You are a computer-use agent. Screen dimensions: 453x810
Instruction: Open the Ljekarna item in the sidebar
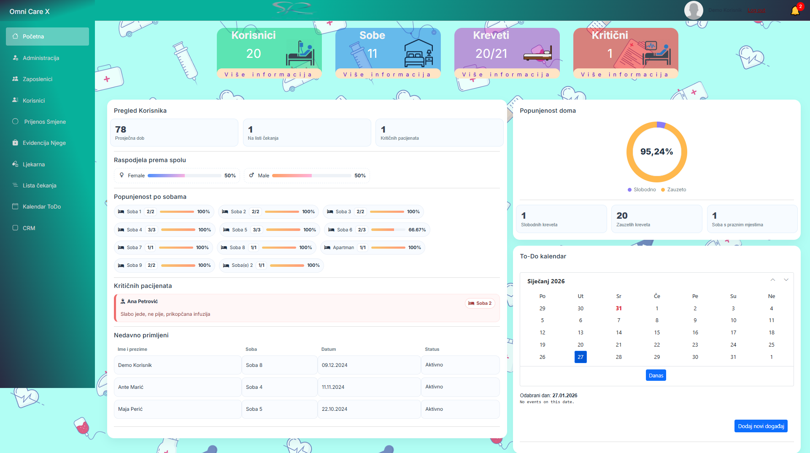(x=34, y=164)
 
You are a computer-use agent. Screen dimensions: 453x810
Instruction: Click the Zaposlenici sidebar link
(x=38, y=79)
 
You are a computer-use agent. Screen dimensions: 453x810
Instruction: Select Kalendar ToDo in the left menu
(x=42, y=206)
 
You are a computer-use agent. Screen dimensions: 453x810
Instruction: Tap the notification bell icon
(x=795, y=11)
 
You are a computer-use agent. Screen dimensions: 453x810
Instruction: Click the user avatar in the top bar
(x=693, y=10)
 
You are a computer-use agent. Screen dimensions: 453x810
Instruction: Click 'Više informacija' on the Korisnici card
(x=269, y=74)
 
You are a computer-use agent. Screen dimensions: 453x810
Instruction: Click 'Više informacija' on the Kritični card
(x=625, y=74)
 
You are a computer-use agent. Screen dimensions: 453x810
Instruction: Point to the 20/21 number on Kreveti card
(x=491, y=54)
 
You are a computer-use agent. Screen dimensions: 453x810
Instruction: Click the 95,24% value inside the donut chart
(x=656, y=152)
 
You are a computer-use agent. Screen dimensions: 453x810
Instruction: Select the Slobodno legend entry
(x=642, y=190)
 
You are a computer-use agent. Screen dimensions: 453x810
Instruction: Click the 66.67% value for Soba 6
(x=417, y=230)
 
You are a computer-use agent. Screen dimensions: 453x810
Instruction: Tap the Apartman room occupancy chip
(x=373, y=247)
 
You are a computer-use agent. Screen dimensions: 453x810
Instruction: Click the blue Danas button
(x=656, y=375)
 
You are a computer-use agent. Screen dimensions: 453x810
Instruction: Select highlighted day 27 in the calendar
(x=580, y=357)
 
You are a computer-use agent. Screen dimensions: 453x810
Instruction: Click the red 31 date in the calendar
(x=618, y=308)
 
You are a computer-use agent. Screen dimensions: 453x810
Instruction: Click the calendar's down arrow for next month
(x=786, y=280)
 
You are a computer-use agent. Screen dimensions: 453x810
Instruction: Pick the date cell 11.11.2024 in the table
(x=333, y=387)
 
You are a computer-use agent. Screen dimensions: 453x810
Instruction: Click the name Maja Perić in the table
(x=130, y=409)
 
